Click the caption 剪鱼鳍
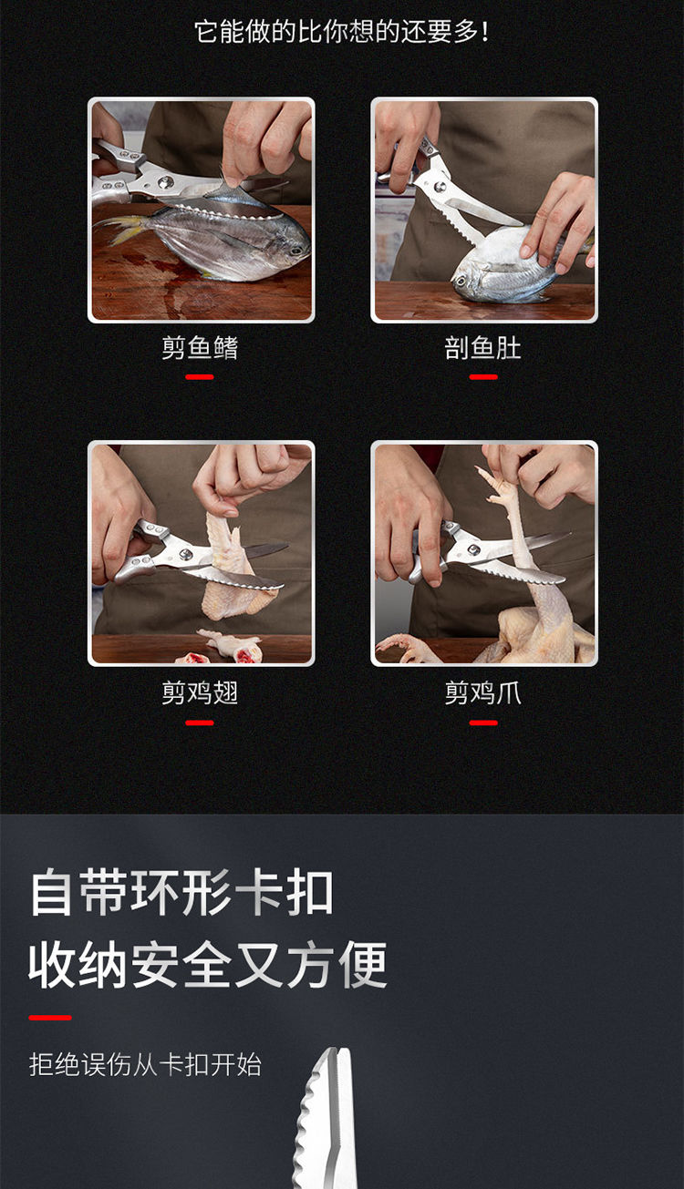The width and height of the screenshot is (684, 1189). coord(200,348)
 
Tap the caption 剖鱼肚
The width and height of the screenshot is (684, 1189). coord(483,348)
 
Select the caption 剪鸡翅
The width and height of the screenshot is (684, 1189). coord(200,693)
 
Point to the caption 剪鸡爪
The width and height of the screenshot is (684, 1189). coord(483,693)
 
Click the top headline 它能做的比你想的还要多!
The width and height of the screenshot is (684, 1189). coord(342,32)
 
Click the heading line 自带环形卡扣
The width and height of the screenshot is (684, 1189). coord(181,892)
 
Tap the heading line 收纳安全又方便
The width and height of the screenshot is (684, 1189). coord(207,966)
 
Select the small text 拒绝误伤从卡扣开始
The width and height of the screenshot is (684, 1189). coord(145,1065)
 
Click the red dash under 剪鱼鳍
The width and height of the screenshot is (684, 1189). coord(200,377)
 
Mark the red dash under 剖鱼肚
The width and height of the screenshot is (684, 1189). coord(483,377)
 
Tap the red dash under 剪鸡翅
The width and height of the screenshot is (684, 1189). coord(200,723)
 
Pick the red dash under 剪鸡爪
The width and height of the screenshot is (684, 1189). coord(483,723)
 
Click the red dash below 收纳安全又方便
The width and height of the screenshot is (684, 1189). coord(50,1018)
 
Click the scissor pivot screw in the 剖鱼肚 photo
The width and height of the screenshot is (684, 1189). coord(440,187)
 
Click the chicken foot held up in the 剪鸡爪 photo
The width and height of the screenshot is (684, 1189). coord(509,531)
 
